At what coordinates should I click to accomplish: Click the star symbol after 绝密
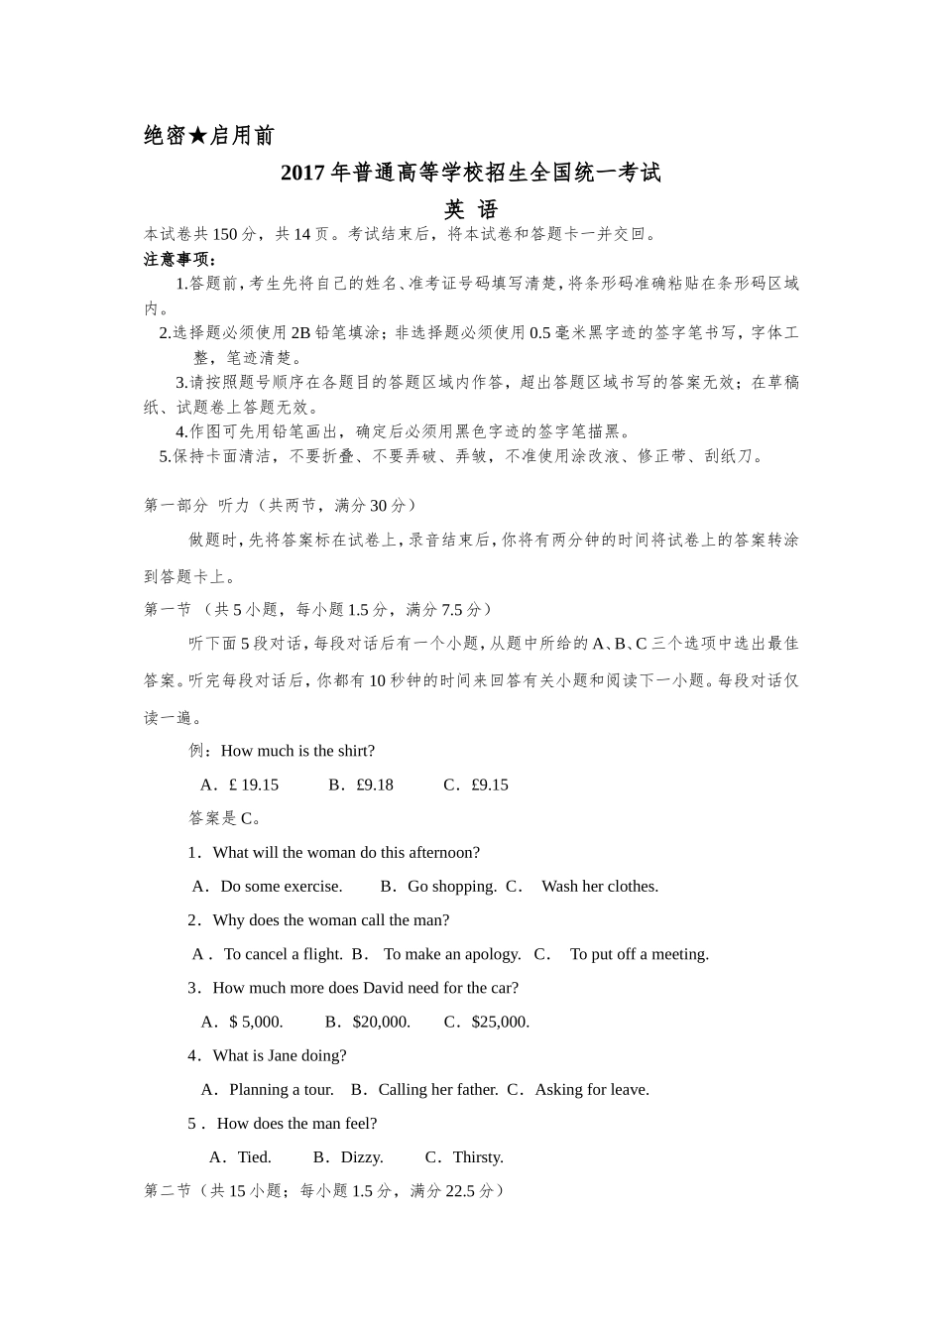[x=198, y=136]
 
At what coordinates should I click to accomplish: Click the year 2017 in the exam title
[x=302, y=173]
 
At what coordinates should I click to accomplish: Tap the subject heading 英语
[x=470, y=209]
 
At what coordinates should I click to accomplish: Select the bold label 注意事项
[x=179, y=259]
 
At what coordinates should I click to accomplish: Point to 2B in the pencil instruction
[x=300, y=333]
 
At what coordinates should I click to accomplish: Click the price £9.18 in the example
[x=374, y=785]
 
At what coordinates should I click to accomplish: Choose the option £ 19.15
[x=253, y=785]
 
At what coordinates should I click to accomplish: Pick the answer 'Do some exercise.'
[x=281, y=886]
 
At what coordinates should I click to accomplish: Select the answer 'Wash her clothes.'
[x=599, y=886]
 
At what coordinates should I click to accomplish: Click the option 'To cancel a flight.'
[x=283, y=954]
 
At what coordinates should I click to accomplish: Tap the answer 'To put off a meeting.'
[x=639, y=954]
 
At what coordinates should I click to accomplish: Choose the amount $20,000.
[x=381, y=1022]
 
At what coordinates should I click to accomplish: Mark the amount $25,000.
[x=500, y=1022]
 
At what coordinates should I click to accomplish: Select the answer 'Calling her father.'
[x=437, y=1089]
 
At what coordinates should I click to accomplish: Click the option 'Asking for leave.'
[x=591, y=1089]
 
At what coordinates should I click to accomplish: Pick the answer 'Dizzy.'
[x=361, y=1156]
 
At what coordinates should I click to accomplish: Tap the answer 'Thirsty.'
[x=478, y=1156]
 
